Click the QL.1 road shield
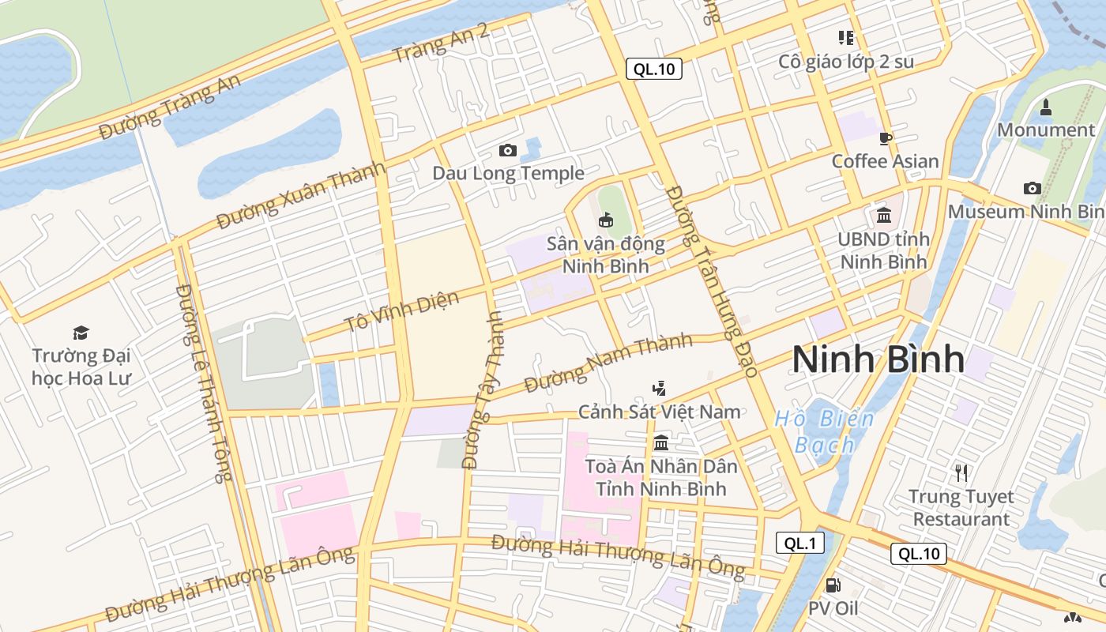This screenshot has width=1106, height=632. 800,543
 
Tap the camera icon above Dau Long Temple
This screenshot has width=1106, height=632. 508,150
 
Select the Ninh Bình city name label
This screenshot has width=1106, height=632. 878,359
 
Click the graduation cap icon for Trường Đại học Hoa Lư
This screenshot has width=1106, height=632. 81,333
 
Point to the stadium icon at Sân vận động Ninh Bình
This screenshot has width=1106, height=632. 606,220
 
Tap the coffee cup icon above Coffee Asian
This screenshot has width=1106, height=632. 886,138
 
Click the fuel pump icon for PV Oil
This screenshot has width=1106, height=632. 833,585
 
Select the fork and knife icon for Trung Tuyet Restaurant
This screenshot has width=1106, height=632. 961,473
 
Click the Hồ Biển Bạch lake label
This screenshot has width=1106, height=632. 825,431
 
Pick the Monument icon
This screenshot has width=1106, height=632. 1046,107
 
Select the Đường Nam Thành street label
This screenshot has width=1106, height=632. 608,363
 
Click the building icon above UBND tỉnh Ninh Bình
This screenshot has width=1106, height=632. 884,215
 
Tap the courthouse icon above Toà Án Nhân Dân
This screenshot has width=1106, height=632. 661,442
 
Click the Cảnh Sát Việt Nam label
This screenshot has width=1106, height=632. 660,412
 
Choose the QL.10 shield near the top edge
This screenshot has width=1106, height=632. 654,69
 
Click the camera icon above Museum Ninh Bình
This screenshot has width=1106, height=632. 1032,188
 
